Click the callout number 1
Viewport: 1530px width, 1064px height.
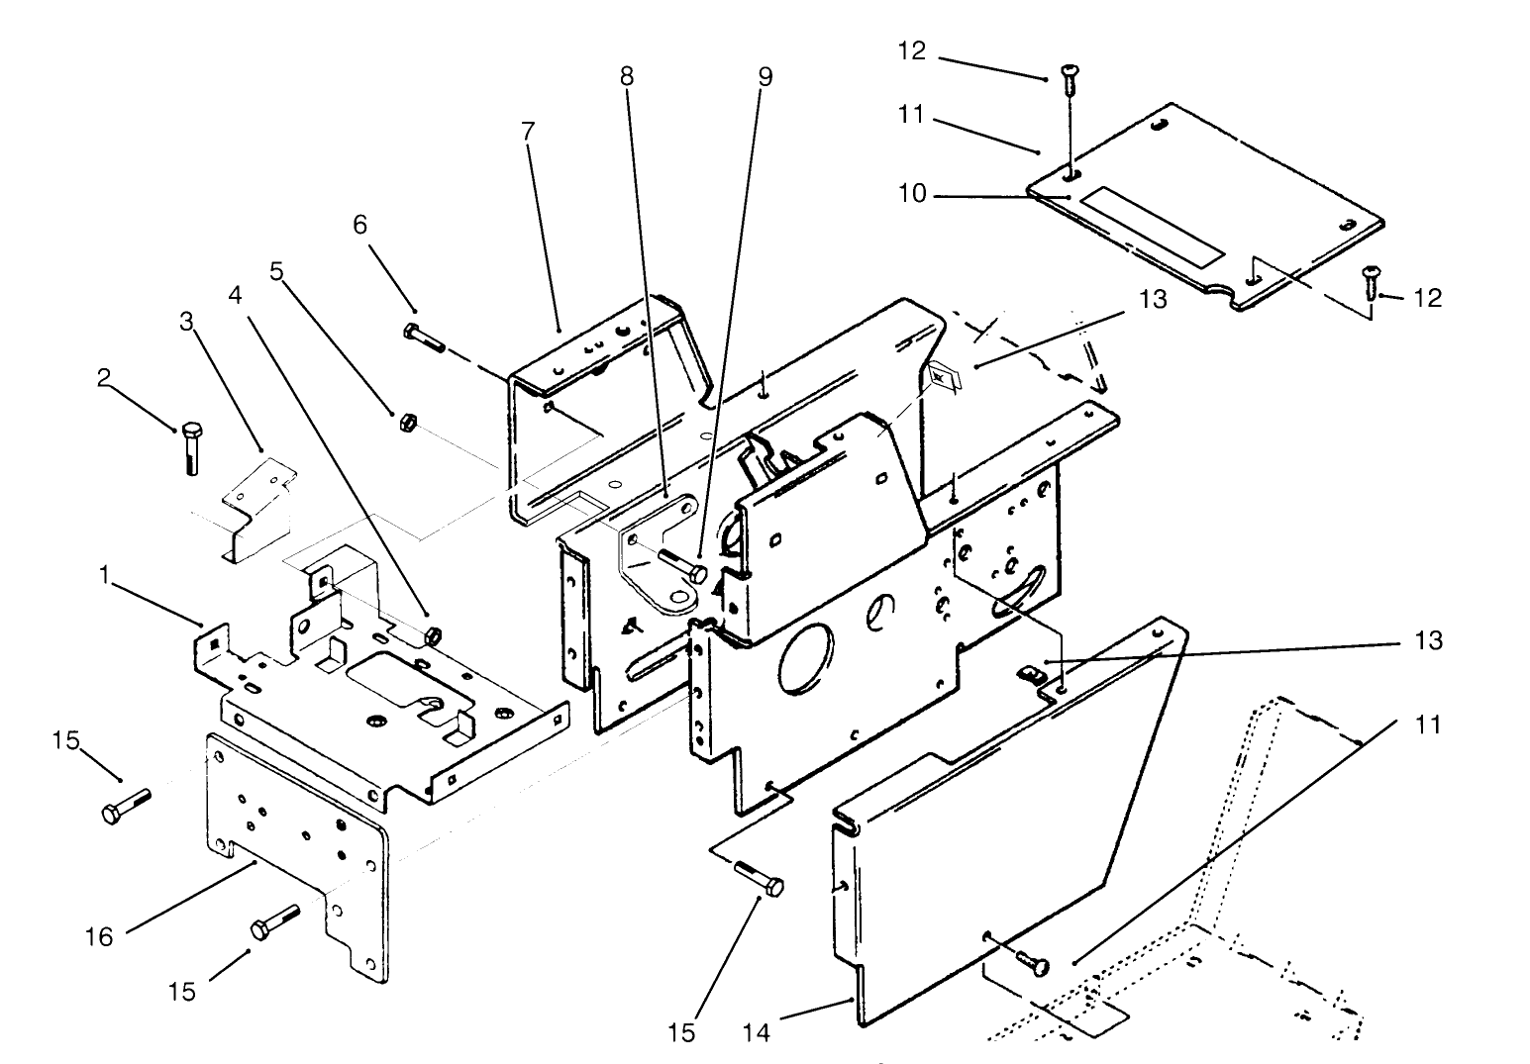tap(105, 574)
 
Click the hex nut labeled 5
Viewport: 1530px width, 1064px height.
tap(405, 423)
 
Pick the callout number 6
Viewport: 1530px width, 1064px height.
tap(360, 226)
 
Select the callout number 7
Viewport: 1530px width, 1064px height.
tap(527, 131)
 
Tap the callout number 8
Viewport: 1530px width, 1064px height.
tap(627, 76)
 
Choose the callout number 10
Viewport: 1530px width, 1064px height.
tap(912, 194)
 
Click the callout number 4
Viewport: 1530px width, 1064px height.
tap(235, 295)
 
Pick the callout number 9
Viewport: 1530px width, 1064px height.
tap(765, 76)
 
